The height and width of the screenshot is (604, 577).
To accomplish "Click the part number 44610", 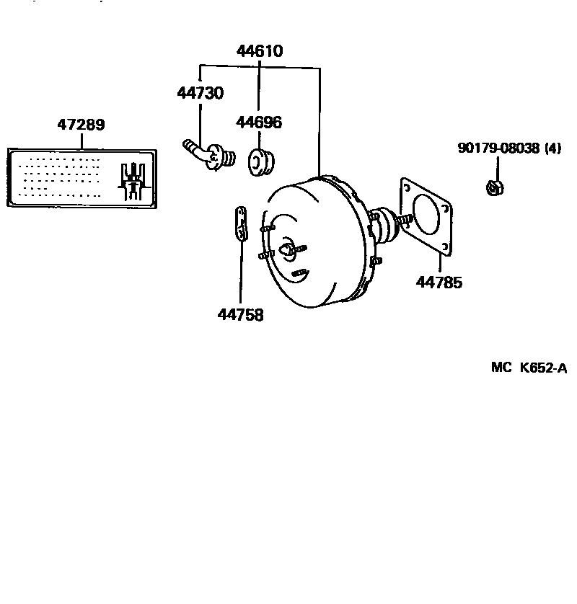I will click(260, 51).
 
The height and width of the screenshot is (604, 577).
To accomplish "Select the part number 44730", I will click(200, 93).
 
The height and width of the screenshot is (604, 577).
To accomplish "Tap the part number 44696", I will click(260, 123).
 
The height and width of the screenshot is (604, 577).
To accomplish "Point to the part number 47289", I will click(82, 125).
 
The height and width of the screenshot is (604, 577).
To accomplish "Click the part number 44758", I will click(240, 315).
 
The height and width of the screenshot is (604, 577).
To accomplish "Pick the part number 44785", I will click(439, 283).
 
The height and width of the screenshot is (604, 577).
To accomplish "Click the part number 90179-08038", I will click(498, 148).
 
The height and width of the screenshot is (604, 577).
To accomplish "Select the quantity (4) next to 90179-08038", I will click(552, 148).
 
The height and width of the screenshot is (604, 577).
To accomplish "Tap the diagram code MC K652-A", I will click(529, 368).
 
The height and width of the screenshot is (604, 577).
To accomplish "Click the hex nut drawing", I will click(495, 187).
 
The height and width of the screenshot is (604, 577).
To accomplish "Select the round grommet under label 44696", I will click(260, 162).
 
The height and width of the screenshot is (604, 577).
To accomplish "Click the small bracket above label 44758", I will click(240, 224).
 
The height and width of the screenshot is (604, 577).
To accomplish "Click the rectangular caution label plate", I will click(81, 178).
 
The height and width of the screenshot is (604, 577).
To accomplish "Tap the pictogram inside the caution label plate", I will click(134, 180).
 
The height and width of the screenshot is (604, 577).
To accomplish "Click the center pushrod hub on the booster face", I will click(288, 249).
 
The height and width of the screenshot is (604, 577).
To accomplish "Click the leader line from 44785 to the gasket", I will click(439, 262).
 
